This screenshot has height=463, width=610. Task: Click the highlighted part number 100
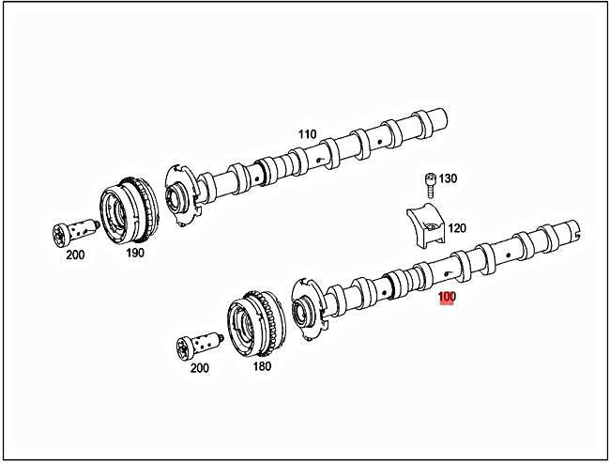tap(448, 298)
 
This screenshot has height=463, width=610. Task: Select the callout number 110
tap(307, 134)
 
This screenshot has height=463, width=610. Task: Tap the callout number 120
tap(456, 228)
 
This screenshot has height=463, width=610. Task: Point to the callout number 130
tap(448, 178)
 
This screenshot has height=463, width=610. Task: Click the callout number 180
tap(262, 365)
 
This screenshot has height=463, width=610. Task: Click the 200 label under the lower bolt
tap(199, 367)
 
